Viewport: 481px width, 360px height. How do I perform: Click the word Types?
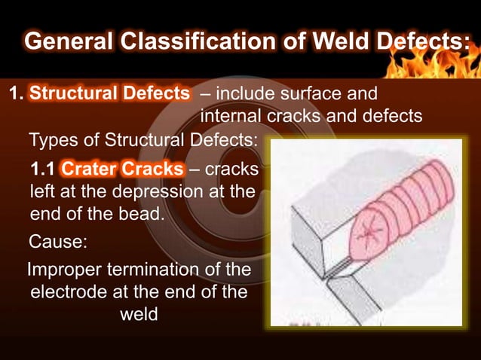tap(52, 141)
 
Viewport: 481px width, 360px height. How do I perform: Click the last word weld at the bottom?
tap(139, 315)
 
